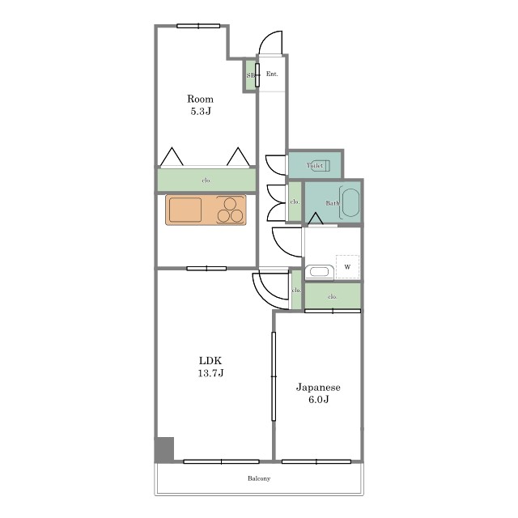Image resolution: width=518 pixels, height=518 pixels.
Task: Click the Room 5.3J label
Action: [200, 104]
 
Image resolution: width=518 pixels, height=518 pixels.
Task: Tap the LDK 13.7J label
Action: [210, 367]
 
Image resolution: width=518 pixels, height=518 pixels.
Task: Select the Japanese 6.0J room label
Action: [318, 393]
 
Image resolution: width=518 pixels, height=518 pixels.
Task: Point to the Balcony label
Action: [259, 478]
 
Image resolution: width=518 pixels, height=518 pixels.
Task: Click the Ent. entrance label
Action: [272, 74]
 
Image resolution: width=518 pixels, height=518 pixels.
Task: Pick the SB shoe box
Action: [250, 75]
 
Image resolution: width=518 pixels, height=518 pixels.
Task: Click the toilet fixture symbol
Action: [319, 165]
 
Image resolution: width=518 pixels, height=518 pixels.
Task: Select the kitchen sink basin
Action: [185, 210]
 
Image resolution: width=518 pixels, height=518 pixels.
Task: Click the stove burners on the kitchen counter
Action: [230, 210]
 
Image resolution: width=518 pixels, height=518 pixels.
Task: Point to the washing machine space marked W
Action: [347, 266]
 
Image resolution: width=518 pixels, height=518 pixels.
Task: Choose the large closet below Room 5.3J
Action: [206, 180]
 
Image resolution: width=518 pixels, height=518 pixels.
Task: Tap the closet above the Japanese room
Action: [333, 296]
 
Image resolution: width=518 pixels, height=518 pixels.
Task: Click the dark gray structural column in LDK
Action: [164, 449]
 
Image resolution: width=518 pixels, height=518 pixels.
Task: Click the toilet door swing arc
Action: [275, 165]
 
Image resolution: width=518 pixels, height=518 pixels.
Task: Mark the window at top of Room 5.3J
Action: [198, 26]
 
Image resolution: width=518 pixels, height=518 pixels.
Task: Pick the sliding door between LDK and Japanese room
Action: [274, 376]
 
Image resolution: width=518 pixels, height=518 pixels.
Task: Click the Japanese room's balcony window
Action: [316, 461]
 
